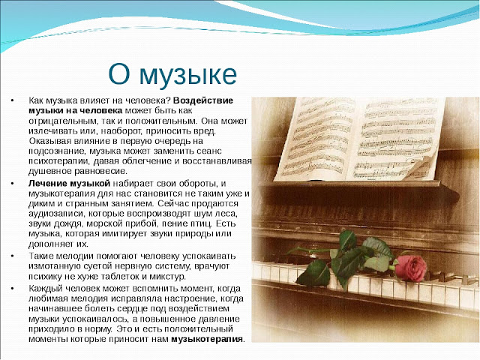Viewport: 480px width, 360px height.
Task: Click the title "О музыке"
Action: [172, 75]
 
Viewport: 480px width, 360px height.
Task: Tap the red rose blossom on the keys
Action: [410, 268]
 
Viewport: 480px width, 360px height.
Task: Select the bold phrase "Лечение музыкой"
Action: [69, 183]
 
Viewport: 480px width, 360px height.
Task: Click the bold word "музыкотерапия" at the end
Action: [207, 339]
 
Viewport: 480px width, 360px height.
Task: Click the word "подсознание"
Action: [57, 151]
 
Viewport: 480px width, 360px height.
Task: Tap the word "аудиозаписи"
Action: [57, 214]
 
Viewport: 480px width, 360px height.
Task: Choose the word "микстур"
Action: [167, 277]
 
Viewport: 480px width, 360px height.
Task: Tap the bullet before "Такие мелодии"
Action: [12, 256]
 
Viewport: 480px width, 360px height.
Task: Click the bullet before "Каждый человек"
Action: [12, 288]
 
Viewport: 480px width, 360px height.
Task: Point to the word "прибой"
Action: [141, 223]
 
